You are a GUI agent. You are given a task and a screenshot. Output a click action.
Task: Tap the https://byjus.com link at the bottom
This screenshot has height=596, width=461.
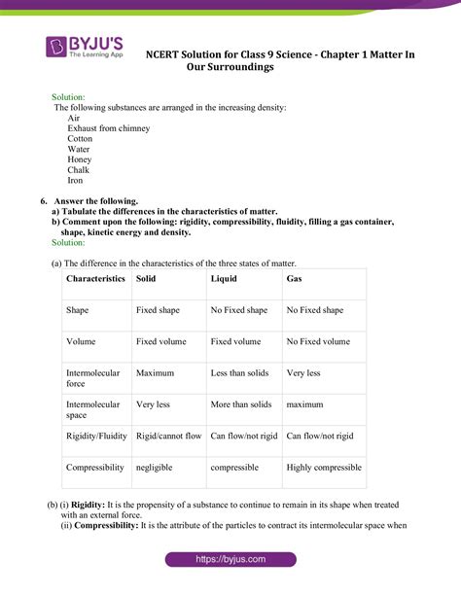click(230, 560)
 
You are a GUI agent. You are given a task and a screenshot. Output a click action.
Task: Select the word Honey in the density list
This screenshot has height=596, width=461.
click(80, 159)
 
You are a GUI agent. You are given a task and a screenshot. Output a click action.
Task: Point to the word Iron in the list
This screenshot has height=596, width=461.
click(76, 181)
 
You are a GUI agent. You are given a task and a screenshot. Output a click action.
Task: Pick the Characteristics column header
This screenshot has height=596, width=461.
click(95, 279)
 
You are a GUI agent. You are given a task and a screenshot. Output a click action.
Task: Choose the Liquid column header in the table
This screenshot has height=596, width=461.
click(224, 279)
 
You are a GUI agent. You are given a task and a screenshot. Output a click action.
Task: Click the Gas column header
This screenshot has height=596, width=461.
click(294, 279)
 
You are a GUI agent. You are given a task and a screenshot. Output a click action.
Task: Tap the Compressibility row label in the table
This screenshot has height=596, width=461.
click(95, 468)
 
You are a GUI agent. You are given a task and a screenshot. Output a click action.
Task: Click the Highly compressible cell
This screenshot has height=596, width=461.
click(324, 468)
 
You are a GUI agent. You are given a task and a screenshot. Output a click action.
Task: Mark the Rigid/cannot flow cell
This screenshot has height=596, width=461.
click(169, 437)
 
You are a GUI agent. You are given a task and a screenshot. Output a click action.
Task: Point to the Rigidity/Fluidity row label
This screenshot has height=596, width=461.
click(96, 437)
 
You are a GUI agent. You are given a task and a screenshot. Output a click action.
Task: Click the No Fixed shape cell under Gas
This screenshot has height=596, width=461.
click(314, 310)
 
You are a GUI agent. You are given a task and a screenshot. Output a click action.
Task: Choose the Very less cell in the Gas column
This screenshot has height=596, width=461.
click(303, 372)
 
